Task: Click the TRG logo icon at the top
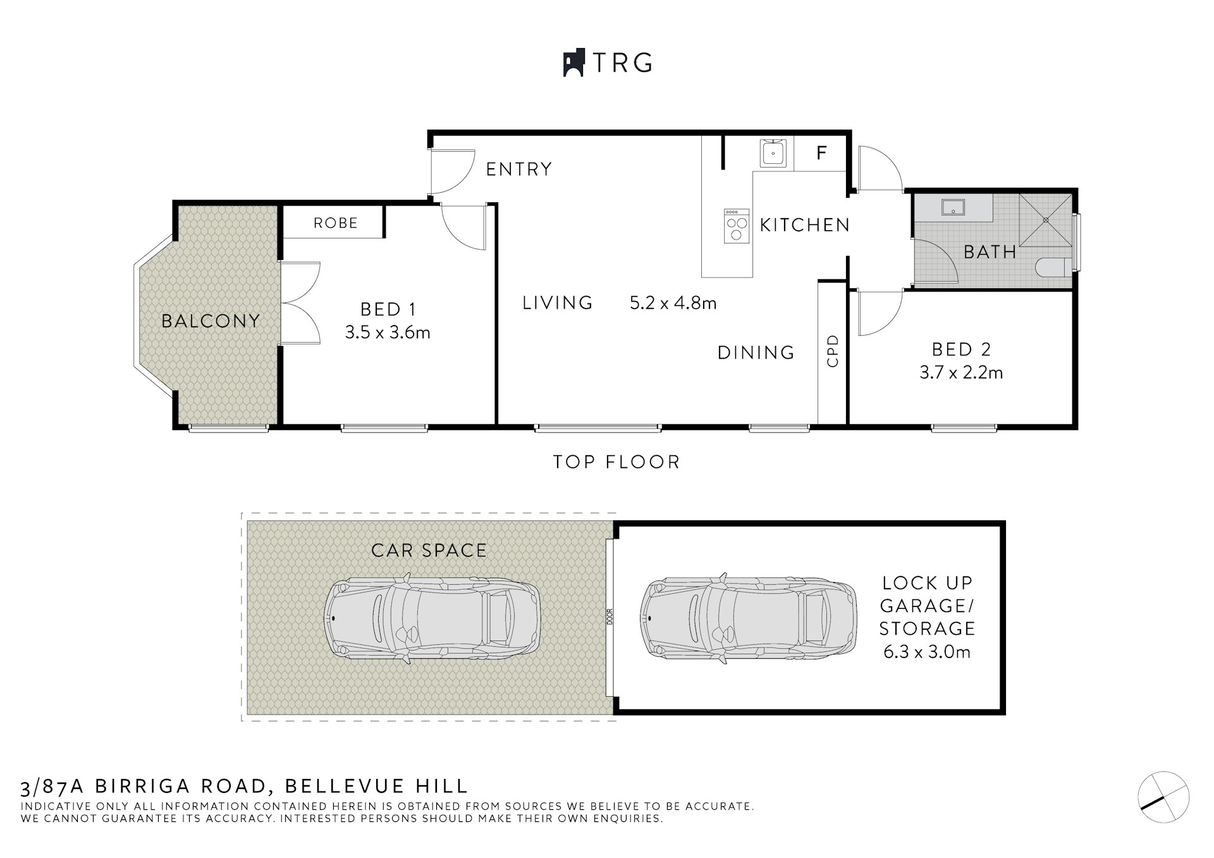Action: point(573,63)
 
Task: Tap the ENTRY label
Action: point(519,169)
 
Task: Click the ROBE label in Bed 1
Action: point(336,223)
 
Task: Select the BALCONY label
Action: point(211,321)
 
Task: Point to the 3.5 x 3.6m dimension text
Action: point(388,332)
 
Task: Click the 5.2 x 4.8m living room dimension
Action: point(673,303)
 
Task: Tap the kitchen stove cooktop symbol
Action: point(737,226)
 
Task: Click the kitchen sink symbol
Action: point(773,154)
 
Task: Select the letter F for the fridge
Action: point(821,152)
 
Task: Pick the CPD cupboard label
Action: point(832,351)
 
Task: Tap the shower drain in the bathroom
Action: point(1046,220)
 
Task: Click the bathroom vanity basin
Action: point(952,207)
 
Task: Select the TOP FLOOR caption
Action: point(616,462)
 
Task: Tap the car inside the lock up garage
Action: point(749,618)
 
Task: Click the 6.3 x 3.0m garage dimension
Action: point(927,652)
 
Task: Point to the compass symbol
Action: point(1163,797)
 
